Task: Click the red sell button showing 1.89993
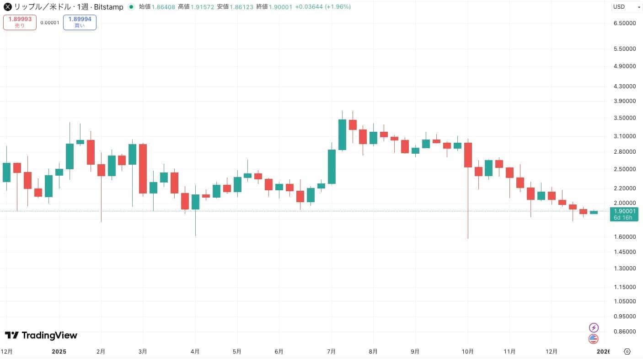tap(20, 22)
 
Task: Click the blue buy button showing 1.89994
tap(80, 22)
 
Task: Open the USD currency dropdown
tap(627, 7)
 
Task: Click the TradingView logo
tap(41, 335)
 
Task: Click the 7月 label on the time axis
tap(332, 352)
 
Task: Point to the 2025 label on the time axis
tap(59, 352)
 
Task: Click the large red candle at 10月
tap(468, 155)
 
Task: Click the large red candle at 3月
tap(143, 168)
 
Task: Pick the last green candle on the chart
tap(594, 212)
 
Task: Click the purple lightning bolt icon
tap(594, 328)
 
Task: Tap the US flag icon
tap(594, 339)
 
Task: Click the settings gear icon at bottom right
tap(627, 352)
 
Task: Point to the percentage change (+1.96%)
tap(338, 7)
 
